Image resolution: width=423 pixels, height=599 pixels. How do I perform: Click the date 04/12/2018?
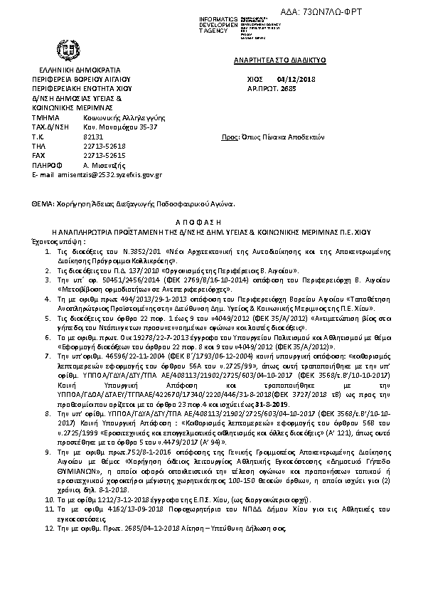pos(298,79)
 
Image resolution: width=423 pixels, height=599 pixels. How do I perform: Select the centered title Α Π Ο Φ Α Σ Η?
pos(210,223)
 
